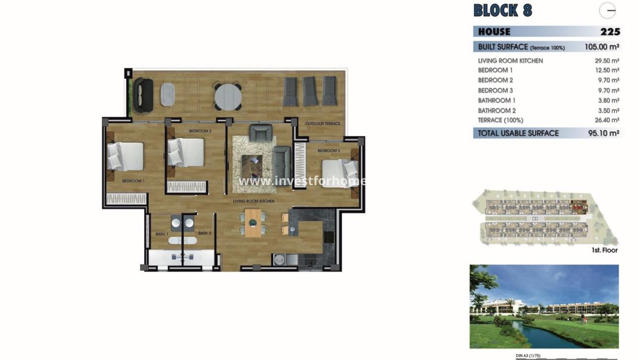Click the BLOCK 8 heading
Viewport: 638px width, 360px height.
tap(502, 10)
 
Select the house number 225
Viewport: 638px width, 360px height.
tap(609, 32)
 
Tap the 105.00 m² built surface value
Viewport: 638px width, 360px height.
tap(602, 47)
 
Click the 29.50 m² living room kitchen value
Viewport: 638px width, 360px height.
tap(606, 60)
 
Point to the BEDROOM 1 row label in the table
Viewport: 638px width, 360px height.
tap(495, 70)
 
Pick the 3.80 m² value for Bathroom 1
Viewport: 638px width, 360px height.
tap(608, 101)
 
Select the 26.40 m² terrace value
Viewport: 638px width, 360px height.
tap(606, 120)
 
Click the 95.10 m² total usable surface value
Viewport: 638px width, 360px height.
tap(605, 133)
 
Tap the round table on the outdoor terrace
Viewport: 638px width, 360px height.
tap(228, 95)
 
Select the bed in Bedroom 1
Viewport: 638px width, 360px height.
tap(125, 156)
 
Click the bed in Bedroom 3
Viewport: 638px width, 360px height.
tap(340, 170)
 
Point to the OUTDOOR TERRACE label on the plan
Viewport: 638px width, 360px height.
tap(322, 124)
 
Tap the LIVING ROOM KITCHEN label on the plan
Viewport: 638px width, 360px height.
tap(253, 201)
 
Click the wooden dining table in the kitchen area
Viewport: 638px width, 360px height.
tap(253, 223)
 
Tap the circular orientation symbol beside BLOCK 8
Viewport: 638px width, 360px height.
tap(608, 10)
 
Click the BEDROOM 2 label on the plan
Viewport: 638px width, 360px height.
tap(200, 131)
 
